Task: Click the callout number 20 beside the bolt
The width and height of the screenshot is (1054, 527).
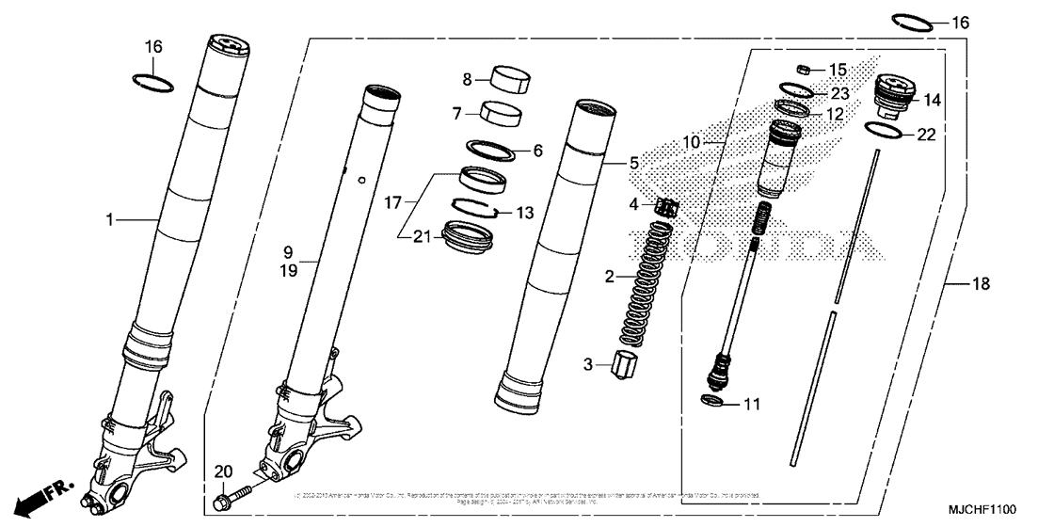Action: pos(222,471)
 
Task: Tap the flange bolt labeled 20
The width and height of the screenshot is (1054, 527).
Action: pos(236,493)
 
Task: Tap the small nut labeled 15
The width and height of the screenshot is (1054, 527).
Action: pos(805,69)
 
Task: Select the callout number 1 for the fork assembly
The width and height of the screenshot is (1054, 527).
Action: pos(110,220)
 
